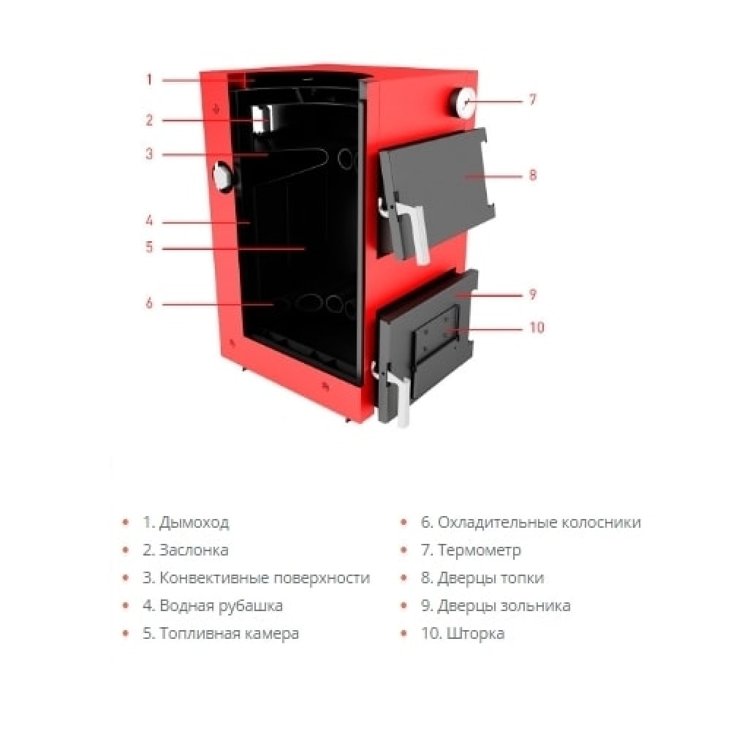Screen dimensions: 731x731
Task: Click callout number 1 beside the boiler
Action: tap(149, 80)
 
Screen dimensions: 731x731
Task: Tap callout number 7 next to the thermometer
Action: tap(533, 99)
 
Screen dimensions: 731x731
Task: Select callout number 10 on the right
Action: tap(537, 327)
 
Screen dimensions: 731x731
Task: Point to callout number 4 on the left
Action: tap(149, 220)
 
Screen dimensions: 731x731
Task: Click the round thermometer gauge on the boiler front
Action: tap(463, 102)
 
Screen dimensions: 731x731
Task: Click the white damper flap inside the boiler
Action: tap(261, 119)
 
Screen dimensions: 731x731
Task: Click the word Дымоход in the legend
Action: tap(194, 523)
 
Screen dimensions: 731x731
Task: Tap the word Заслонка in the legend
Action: tap(194, 550)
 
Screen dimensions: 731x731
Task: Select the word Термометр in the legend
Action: tap(480, 550)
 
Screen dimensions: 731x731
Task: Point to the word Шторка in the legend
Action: tap(476, 634)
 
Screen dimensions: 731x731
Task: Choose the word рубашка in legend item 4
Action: tap(250, 606)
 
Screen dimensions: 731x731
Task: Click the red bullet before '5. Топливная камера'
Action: tap(125, 633)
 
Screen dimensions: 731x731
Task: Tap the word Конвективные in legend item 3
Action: tap(213, 578)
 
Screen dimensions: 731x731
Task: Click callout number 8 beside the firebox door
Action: tap(533, 175)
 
